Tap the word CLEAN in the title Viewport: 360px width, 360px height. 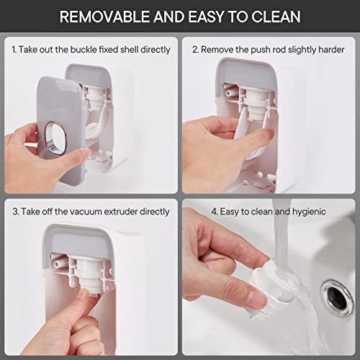[273, 17]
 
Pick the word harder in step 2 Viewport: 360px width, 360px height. [329, 50]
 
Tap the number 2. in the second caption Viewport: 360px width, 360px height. [195, 50]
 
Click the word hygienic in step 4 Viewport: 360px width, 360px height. [307, 212]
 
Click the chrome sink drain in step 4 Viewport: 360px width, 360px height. [334, 294]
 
